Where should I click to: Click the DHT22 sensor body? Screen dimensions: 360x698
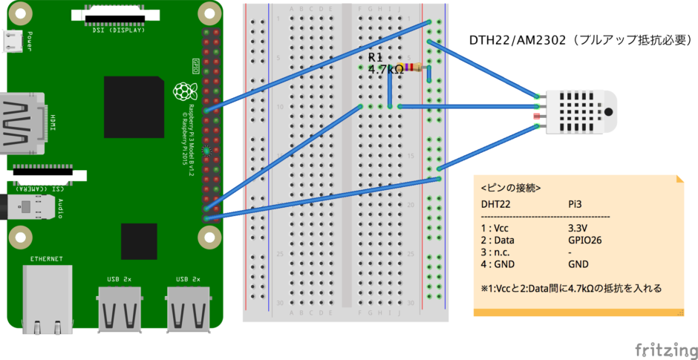(586, 112)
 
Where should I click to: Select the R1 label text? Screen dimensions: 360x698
(376, 56)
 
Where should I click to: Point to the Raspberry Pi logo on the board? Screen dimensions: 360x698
(180, 92)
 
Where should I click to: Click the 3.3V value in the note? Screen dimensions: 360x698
(578, 228)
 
